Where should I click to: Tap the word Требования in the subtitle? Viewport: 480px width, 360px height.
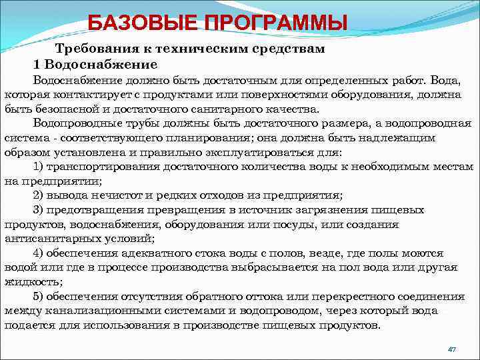(93, 49)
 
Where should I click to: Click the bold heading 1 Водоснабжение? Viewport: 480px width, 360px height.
(95, 65)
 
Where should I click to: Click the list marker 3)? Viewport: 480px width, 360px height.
(39, 210)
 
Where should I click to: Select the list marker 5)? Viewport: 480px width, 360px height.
(39, 296)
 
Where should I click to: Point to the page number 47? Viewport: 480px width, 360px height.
(451, 349)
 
